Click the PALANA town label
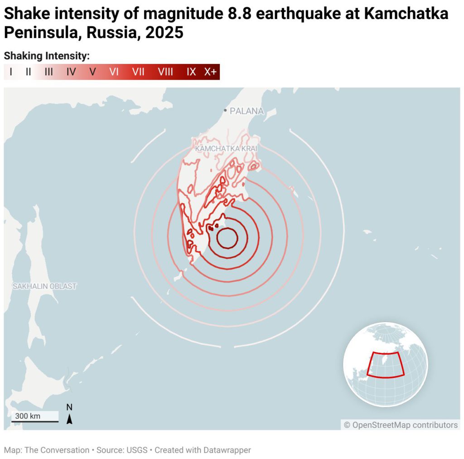246,111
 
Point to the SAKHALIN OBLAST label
44,286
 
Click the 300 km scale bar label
28,416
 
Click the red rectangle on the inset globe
385,365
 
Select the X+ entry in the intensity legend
210,72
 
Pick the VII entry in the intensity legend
138,72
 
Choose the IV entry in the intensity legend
71,72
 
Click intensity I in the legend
11,72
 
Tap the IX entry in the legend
191,72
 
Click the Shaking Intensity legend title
47,56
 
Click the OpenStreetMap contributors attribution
401,425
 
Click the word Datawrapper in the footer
228,450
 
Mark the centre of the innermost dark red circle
227,238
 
